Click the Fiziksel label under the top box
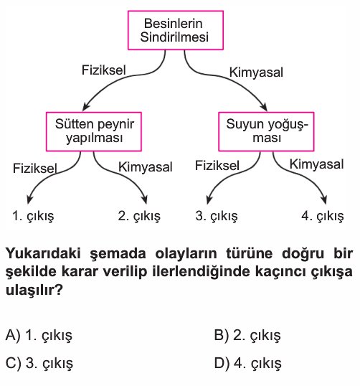pos(103,70)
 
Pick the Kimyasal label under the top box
pos(256,72)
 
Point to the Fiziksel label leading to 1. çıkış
pos(34,169)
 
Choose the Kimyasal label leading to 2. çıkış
pos(145,167)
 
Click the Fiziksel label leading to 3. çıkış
pos(217,166)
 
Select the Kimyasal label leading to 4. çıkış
pos(316,164)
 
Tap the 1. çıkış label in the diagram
pos(33,216)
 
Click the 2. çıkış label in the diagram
pos(139,216)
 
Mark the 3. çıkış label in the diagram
pos(217,216)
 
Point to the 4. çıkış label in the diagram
pos(323,216)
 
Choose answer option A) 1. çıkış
pos(39,335)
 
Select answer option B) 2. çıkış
pos(247,335)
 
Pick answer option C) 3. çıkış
pos(39,363)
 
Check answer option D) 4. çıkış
pos(248,363)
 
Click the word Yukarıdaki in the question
pos(43,253)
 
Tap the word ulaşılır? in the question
pos(34,291)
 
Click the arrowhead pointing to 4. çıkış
pos(325,199)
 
